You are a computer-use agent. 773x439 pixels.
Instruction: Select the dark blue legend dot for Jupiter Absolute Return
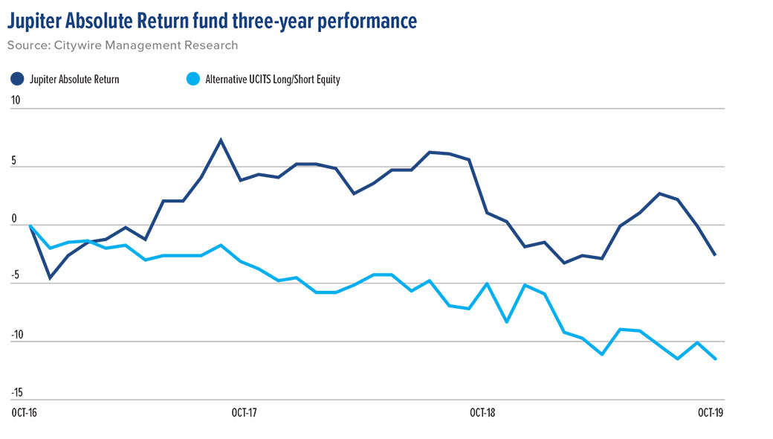tap(17, 79)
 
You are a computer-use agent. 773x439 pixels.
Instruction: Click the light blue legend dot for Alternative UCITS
tap(191, 79)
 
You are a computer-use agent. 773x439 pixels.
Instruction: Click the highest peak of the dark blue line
tap(221, 140)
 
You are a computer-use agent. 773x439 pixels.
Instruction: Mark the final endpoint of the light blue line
tap(715, 359)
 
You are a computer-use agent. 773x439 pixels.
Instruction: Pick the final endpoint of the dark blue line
tap(715, 255)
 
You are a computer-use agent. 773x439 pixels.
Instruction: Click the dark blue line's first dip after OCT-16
tap(49, 278)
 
